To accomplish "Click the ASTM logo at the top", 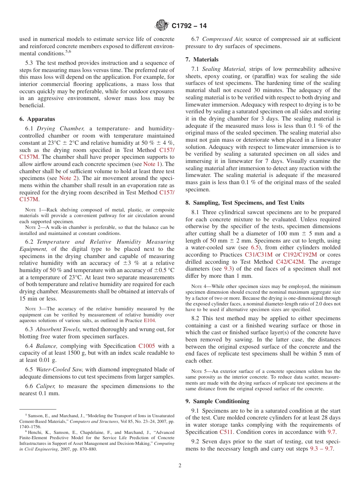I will coord(162,26).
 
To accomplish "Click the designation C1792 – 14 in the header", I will coord(189,26).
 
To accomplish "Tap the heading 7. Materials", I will coord(202,59).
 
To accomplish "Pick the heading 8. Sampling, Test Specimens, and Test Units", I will coord(245,203).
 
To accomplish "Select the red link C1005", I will coord(147,346).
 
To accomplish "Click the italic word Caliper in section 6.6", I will coord(45,386).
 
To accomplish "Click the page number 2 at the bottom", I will coord(180,466).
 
